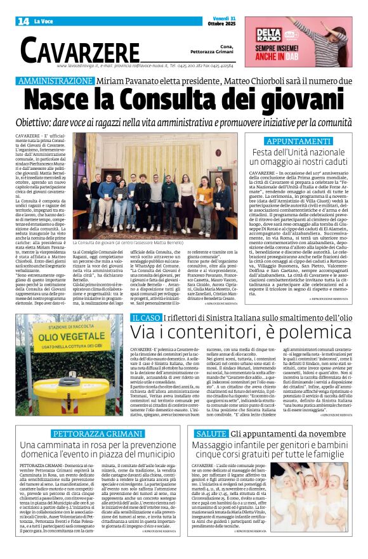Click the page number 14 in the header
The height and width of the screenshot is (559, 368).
point(23,21)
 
